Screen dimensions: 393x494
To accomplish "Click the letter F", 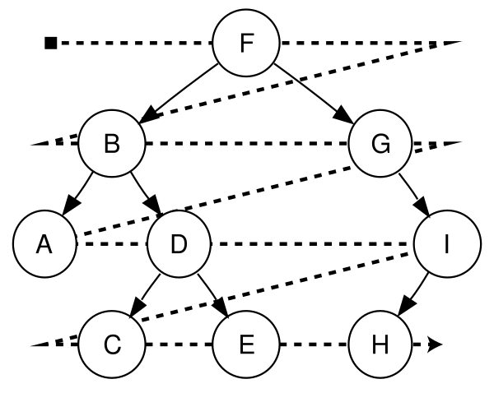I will [x=246, y=44].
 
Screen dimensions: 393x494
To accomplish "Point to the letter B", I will [x=112, y=144].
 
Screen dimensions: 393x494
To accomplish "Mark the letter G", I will [x=380, y=144].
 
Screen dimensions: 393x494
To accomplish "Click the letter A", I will [x=45, y=244].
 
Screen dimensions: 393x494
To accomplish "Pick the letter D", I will [x=179, y=244].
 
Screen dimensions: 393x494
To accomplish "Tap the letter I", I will [x=447, y=244].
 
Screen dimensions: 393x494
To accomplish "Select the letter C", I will [x=112, y=344].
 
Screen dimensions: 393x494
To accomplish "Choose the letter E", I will [x=246, y=344].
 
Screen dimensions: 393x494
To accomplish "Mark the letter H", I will [x=380, y=344].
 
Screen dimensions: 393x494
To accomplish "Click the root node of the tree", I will [x=246, y=44].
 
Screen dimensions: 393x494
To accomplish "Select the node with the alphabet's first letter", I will [x=45, y=244].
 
